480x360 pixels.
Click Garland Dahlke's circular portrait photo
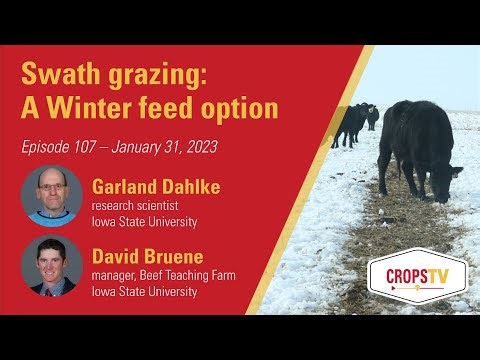tap(52, 195)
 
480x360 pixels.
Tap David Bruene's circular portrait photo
tap(52, 266)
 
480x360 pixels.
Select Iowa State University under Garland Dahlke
tap(145, 221)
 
